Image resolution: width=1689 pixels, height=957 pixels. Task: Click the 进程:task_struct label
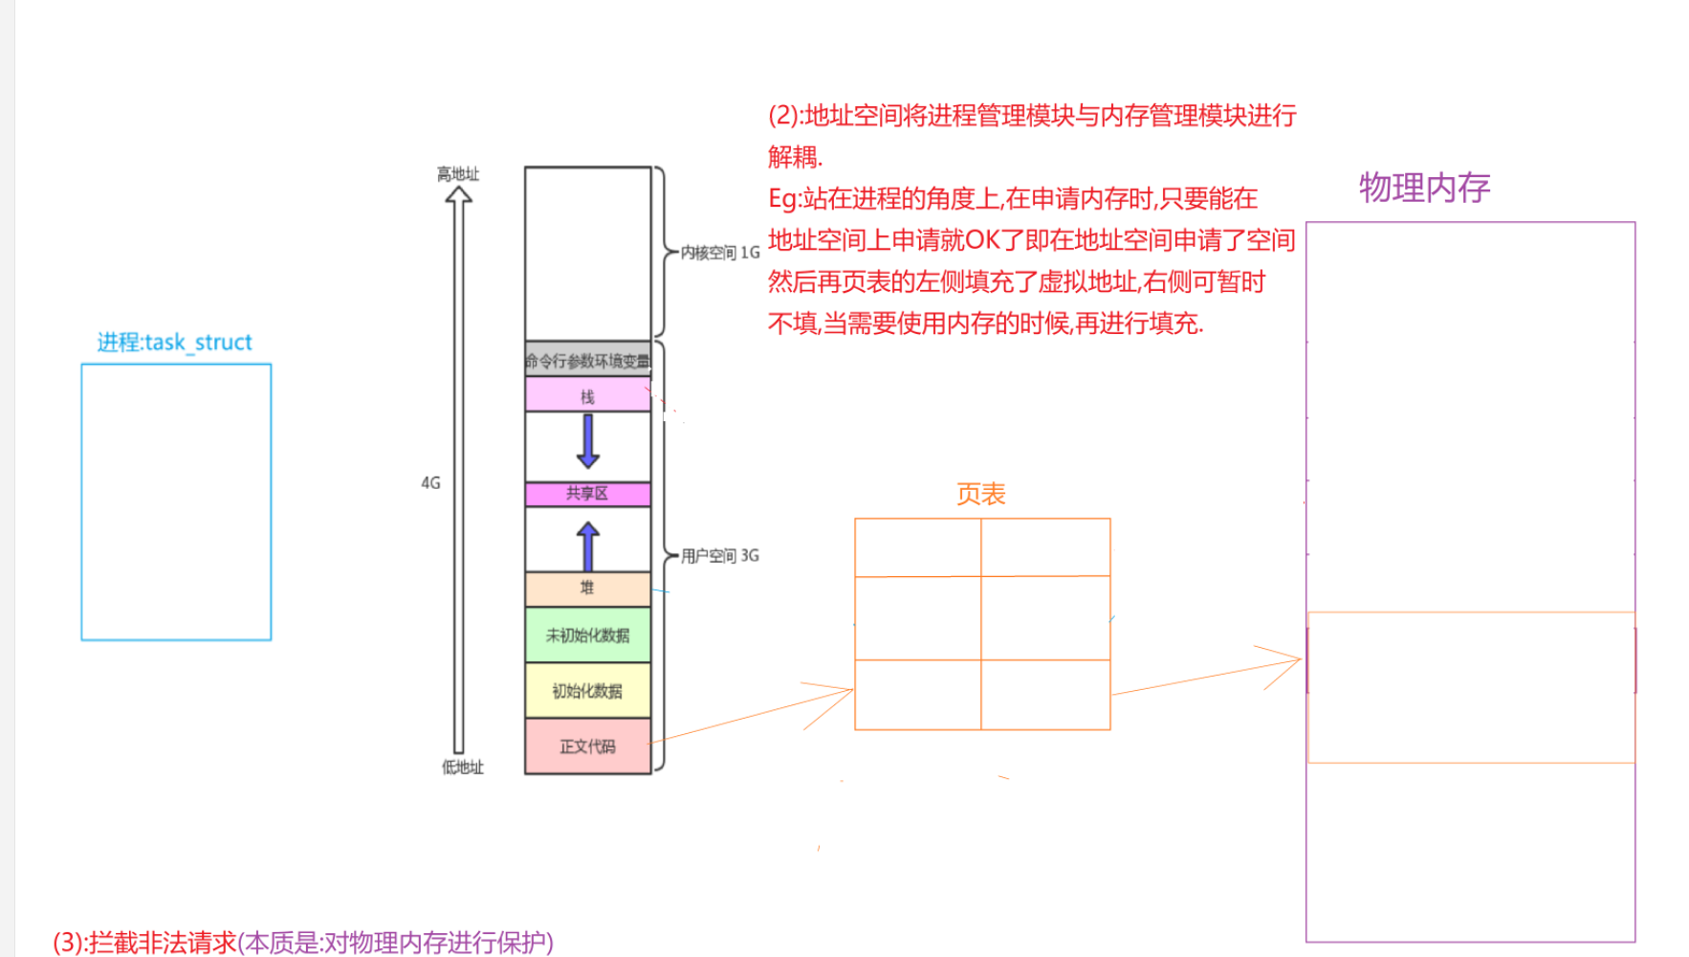[x=174, y=343]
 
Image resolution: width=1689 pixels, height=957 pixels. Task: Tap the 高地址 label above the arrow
[x=458, y=174]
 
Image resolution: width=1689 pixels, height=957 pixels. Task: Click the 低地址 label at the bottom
[x=463, y=768]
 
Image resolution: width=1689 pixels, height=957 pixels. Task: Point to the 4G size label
[x=431, y=483]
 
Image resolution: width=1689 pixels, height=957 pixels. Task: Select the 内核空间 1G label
[x=720, y=253]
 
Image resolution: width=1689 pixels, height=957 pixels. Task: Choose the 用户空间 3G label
[x=720, y=556]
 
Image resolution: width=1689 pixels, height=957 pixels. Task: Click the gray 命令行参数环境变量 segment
[x=587, y=361]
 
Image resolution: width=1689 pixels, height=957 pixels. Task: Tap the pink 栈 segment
[x=587, y=396]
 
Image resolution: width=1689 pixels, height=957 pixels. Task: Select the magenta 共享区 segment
[x=587, y=494]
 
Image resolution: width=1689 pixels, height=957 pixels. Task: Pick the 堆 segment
[x=587, y=589]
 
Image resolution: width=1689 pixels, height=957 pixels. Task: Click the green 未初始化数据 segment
[x=587, y=635]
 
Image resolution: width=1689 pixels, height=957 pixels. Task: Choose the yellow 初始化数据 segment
[x=587, y=691]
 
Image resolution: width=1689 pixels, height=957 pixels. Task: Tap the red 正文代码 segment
[x=587, y=746]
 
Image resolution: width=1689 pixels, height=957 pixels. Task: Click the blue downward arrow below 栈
[x=588, y=441]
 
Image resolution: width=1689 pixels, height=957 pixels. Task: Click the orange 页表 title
[x=981, y=495]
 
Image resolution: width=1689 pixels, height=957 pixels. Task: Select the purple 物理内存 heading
[x=1424, y=189]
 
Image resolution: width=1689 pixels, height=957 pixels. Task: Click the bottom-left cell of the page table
[x=918, y=695]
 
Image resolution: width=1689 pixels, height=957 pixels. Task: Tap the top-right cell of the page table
[x=1045, y=547]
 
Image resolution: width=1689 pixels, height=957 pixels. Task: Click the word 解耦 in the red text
[x=793, y=157]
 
